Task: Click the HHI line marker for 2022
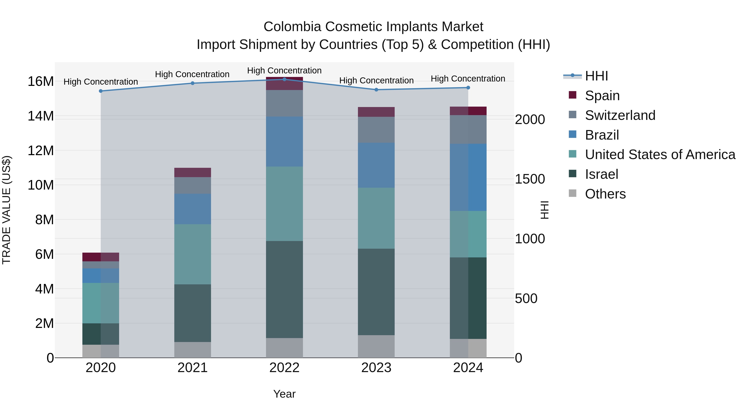pos(284,79)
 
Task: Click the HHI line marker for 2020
pos(101,91)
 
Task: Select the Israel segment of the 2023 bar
pos(376,292)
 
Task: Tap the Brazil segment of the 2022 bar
pos(284,141)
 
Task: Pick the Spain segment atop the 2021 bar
pos(193,173)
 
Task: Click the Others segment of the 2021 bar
pos(193,350)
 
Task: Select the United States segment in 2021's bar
pos(193,254)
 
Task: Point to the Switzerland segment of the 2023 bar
pos(376,130)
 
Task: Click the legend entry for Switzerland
pos(620,115)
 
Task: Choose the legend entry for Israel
pos(601,174)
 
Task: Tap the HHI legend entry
pos(596,76)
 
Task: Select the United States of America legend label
pos(660,155)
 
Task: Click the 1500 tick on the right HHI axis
pos(530,179)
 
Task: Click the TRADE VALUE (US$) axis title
pos(6,210)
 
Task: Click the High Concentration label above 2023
pos(376,81)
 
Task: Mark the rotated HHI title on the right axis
pos(545,210)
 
